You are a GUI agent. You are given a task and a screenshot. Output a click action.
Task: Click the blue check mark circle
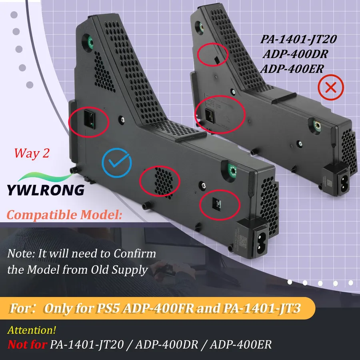coord(117,150)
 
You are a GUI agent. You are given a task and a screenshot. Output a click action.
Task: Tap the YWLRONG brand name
coord(46,190)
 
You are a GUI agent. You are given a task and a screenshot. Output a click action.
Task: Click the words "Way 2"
coord(32,153)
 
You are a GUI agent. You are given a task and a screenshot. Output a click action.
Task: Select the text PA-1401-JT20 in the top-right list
coord(298,39)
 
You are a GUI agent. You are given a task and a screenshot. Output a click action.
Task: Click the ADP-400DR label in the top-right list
coord(295,54)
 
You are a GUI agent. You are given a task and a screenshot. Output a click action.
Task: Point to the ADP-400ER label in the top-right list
coord(292,69)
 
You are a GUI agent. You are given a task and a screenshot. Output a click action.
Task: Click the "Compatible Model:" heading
coord(64,215)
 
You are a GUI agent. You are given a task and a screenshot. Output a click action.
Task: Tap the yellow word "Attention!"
coord(32,330)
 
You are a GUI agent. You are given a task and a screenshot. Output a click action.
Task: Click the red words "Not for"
coord(27,345)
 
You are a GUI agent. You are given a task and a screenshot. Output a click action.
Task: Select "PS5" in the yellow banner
coord(108,308)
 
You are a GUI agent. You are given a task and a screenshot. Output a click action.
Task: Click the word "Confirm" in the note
coord(135,254)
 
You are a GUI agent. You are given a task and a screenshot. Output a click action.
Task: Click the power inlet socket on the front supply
coord(260,244)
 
